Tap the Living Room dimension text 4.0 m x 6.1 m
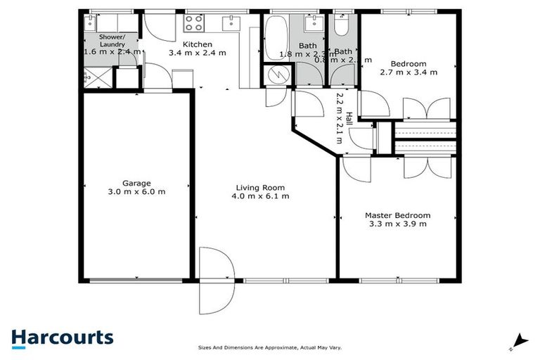(x=262, y=196)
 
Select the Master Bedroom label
(x=397, y=215)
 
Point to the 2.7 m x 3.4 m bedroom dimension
(x=409, y=72)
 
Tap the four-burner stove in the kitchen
(x=193, y=23)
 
